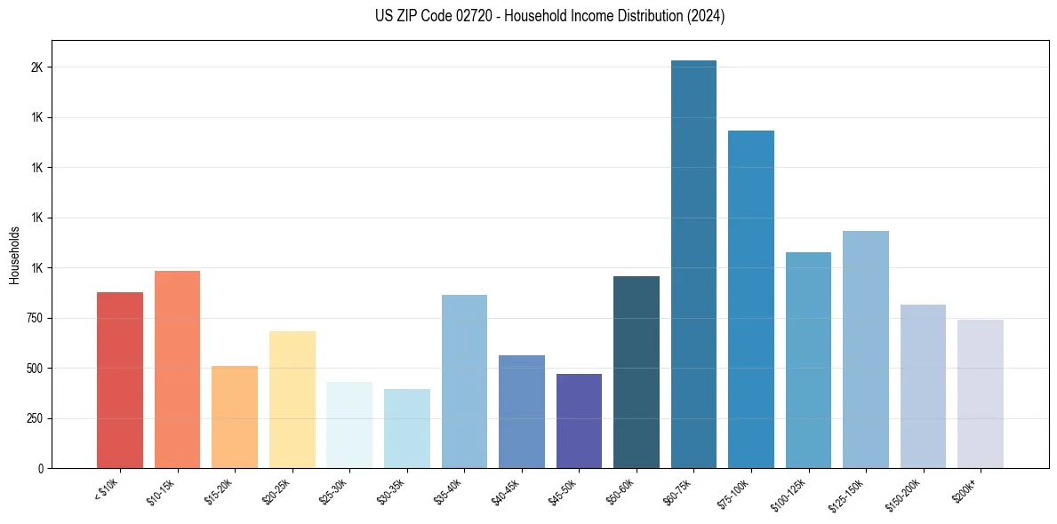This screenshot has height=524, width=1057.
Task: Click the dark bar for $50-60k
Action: [636, 372]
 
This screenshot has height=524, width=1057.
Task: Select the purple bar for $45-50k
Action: [579, 421]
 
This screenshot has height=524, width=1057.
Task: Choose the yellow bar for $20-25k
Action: [292, 400]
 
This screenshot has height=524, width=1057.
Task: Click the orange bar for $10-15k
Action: [177, 369]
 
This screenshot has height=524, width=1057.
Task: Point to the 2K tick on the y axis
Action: [36, 67]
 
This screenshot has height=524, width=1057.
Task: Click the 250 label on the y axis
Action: [34, 418]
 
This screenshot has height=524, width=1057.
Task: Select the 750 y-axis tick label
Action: [34, 318]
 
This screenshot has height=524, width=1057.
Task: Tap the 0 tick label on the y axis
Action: [41, 468]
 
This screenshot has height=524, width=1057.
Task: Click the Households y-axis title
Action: [15, 255]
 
